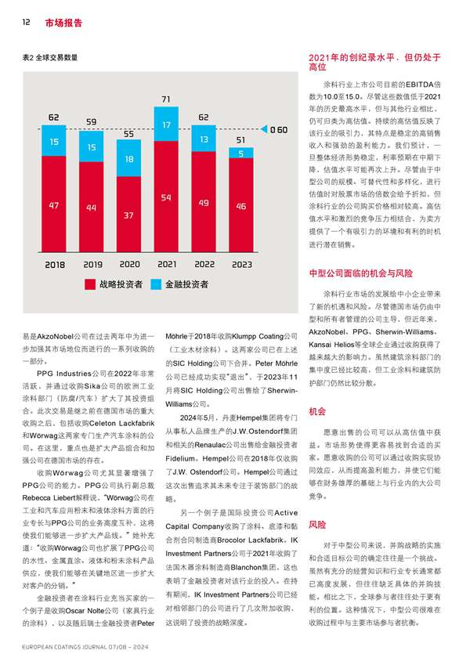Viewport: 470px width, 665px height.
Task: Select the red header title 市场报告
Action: point(63,23)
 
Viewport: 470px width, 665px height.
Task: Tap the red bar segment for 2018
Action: point(54,205)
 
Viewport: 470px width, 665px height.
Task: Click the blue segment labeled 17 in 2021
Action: point(166,125)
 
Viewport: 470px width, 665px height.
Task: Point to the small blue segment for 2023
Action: point(240,154)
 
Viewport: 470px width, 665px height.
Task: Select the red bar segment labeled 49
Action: point(204,204)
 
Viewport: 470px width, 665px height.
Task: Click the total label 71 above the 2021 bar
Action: point(166,100)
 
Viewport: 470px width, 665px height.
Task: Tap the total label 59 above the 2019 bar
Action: point(92,123)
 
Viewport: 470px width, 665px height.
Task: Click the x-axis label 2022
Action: point(204,265)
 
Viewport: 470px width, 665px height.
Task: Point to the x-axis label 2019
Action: point(92,265)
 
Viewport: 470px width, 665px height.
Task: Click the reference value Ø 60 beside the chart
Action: point(278,130)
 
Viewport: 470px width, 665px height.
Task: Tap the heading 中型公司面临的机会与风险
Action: point(360,274)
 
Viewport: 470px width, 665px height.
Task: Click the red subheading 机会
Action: point(317,410)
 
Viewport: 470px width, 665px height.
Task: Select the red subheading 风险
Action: point(317,524)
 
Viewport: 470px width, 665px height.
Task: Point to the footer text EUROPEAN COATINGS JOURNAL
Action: point(66,649)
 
